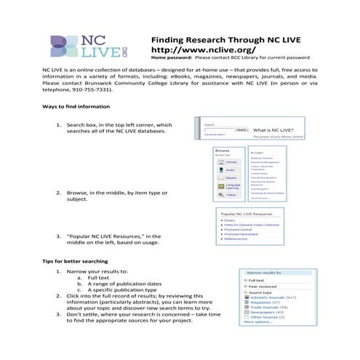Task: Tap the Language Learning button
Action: [230, 186]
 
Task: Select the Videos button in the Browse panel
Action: [230, 196]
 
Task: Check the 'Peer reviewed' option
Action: [262, 287]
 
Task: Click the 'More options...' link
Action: [258, 322]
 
